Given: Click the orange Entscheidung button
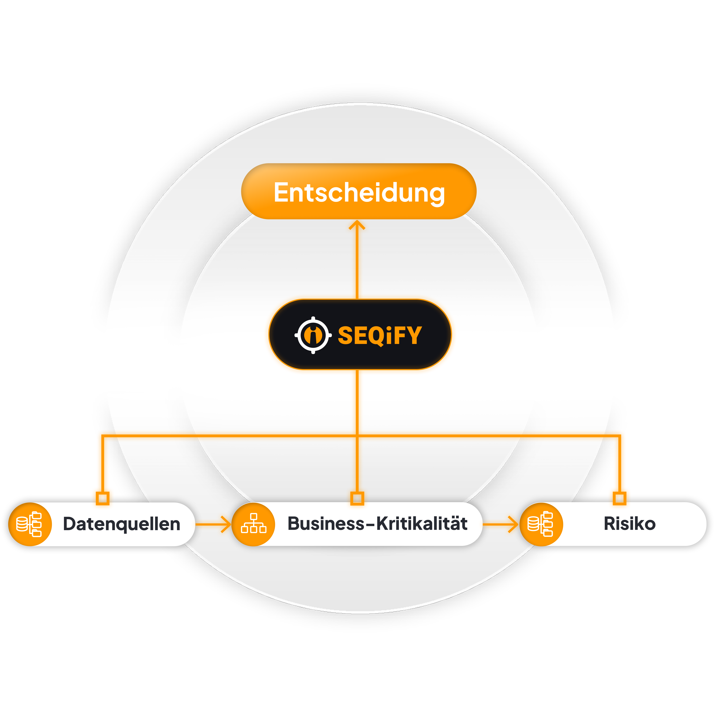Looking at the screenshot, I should click(358, 191).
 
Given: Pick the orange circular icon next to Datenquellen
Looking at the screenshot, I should click(30, 524).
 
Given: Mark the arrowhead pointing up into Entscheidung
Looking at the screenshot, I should click(357, 224).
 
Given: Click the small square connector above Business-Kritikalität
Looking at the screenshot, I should click(357, 498).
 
